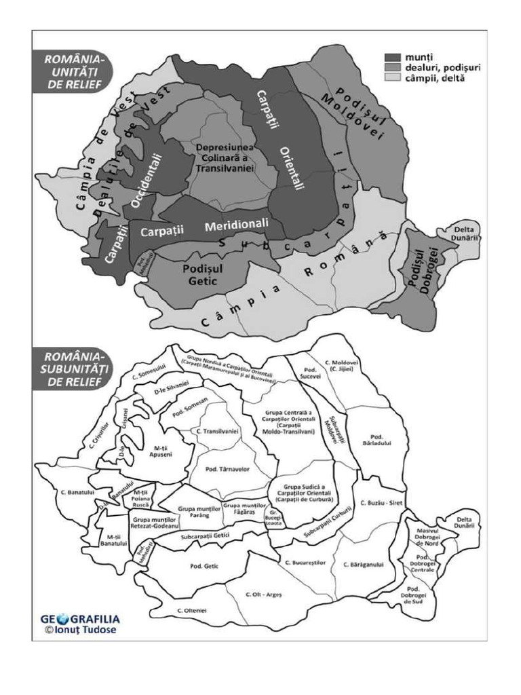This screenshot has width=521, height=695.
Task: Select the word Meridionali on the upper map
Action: point(237,223)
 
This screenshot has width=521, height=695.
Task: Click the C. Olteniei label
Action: point(192,611)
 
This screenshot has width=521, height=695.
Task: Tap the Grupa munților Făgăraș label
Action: point(243,507)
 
